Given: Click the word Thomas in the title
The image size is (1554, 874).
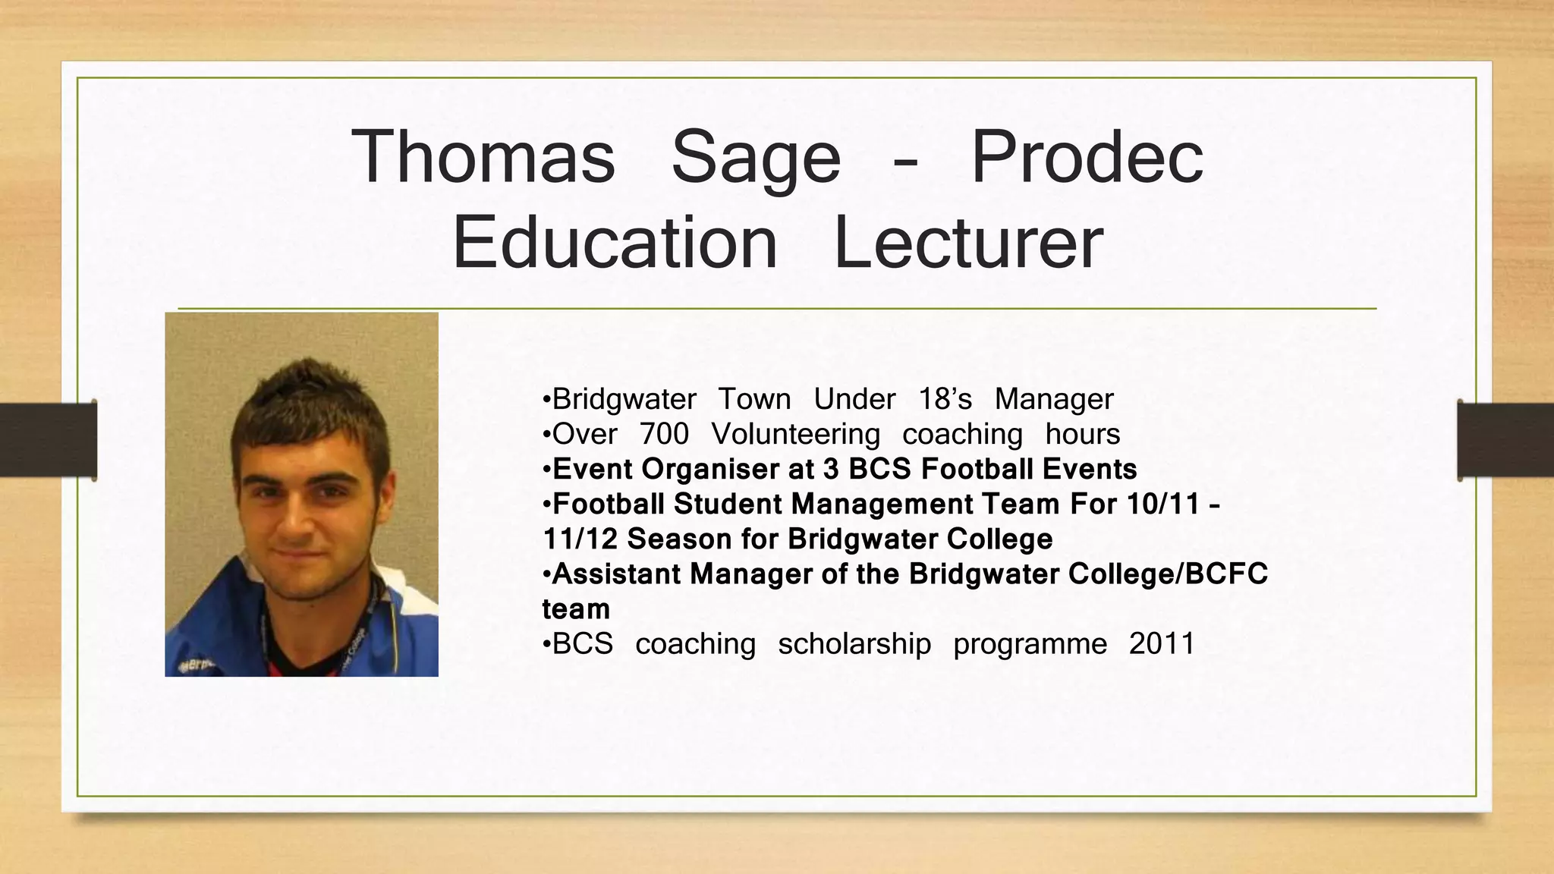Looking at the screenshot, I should click(x=483, y=157).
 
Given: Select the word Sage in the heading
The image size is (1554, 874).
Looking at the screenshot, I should click(x=756, y=157).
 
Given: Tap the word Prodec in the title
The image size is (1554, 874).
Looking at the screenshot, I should click(x=1087, y=157).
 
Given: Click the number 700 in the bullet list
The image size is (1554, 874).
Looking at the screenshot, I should click(x=664, y=434).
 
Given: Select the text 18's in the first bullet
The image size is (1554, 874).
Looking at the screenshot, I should click(x=945, y=399).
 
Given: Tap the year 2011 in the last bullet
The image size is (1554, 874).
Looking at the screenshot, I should click(x=1161, y=643).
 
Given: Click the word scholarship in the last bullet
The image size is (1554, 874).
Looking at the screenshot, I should click(x=854, y=643).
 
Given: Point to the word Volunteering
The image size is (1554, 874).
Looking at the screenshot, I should click(x=795, y=434).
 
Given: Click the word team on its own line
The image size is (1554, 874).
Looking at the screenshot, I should click(x=576, y=608).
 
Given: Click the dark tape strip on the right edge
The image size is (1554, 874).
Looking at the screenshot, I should click(x=1505, y=441).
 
